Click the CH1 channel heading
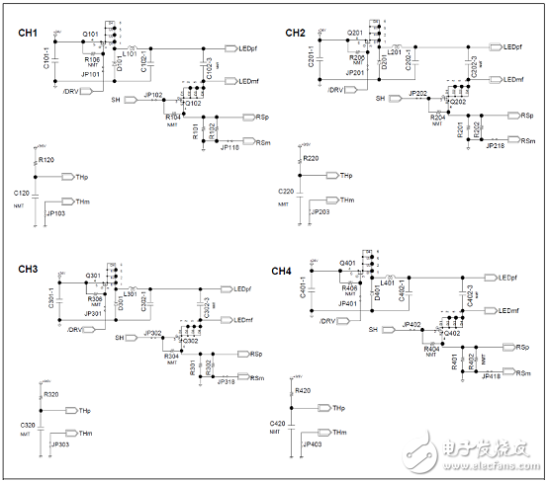(28, 34)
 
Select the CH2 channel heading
(295, 34)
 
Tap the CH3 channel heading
(28, 269)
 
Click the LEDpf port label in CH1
(248, 47)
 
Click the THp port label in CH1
(83, 177)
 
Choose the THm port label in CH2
(346, 201)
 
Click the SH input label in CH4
(374, 329)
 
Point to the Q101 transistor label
(91, 34)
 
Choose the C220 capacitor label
(285, 191)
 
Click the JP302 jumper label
(152, 333)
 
